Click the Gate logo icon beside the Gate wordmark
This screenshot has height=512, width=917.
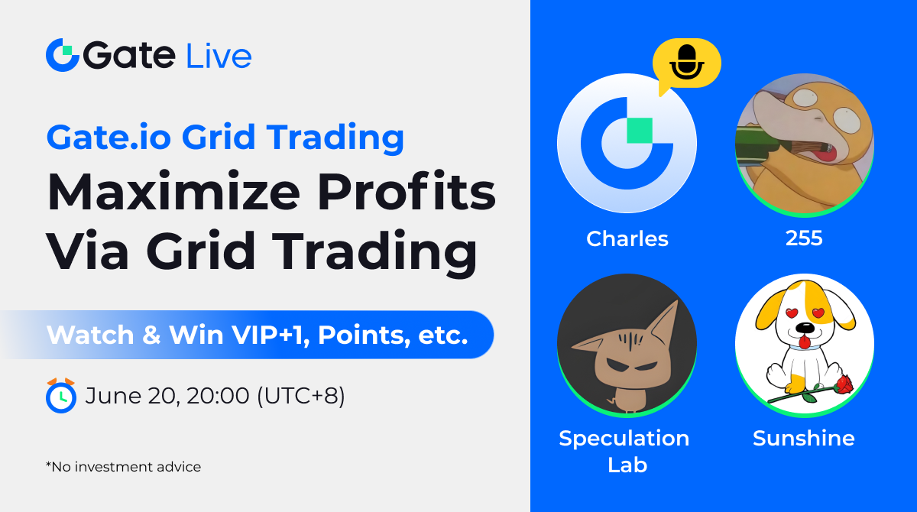[x=62, y=55]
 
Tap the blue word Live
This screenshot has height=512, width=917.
[x=219, y=56]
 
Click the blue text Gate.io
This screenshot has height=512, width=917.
[x=109, y=137]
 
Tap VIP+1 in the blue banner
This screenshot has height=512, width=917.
[x=271, y=335]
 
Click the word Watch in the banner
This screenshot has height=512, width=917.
[x=90, y=335]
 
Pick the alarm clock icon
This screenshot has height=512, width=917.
[x=61, y=396]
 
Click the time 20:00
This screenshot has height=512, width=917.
[x=217, y=396]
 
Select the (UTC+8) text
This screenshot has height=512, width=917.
[x=301, y=396]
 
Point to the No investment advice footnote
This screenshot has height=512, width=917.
[x=123, y=467]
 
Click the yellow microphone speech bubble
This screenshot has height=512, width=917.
[x=686, y=66]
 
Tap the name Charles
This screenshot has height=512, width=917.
[x=627, y=238]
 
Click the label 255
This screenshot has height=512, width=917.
[x=804, y=238]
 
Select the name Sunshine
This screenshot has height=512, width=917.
[x=804, y=439]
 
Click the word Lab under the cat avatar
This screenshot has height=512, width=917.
[x=627, y=465]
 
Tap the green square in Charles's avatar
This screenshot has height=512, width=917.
[x=640, y=131]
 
